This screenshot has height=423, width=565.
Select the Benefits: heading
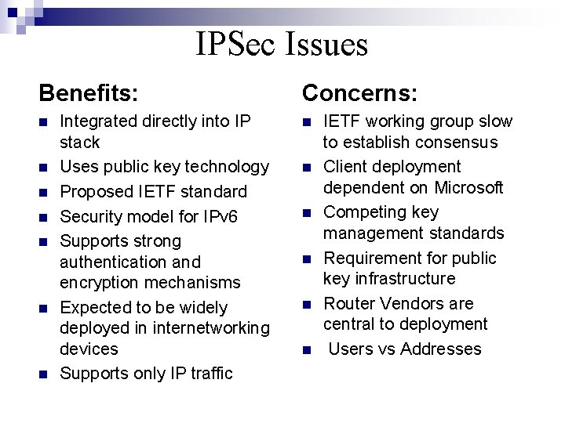[x=89, y=94]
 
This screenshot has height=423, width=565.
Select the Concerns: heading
[x=360, y=94]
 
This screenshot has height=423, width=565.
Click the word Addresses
[x=441, y=349]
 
